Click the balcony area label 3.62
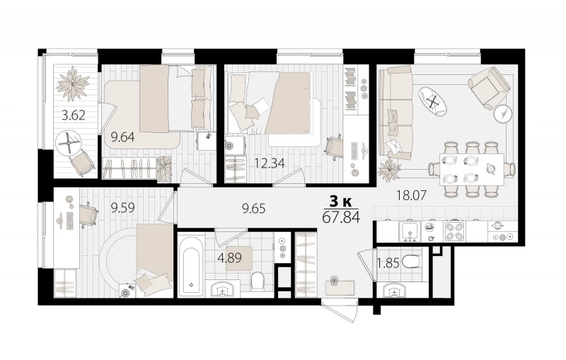click(x=74, y=115)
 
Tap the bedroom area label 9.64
click(x=122, y=137)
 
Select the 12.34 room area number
click(x=270, y=163)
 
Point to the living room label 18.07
click(x=411, y=195)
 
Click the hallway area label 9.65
click(x=254, y=209)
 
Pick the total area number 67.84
click(x=341, y=218)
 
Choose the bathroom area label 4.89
click(x=229, y=258)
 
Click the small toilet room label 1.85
click(x=388, y=264)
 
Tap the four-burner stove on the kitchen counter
click(x=454, y=231)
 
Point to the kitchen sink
click(x=410, y=231)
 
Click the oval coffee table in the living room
click(x=433, y=102)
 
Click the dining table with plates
click(x=472, y=169)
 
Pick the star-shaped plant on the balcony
click(x=73, y=83)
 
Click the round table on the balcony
click(x=68, y=143)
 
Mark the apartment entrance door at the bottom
click(x=340, y=313)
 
